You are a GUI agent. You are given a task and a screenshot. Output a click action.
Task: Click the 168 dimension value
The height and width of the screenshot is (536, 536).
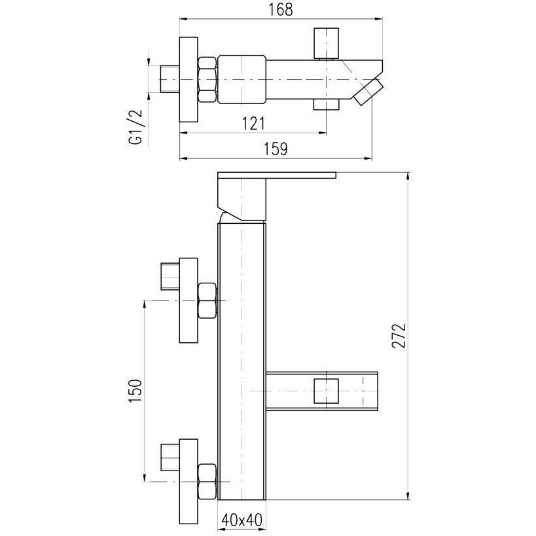click(x=281, y=9)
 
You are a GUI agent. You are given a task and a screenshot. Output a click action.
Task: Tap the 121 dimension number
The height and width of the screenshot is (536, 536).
click(x=254, y=124)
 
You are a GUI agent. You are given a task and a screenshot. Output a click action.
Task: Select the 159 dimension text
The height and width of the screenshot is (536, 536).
click(x=276, y=149)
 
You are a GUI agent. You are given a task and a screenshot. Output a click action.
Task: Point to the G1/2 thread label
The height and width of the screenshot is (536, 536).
click(x=135, y=127)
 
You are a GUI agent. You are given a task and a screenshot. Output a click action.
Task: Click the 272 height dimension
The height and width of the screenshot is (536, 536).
click(x=399, y=336)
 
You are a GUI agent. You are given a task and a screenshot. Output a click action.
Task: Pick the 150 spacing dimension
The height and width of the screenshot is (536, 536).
click(x=135, y=391)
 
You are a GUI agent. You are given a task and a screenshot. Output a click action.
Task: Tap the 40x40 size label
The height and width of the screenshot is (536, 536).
click(x=241, y=520)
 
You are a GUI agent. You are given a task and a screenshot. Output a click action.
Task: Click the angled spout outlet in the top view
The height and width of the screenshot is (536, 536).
click(x=368, y=92)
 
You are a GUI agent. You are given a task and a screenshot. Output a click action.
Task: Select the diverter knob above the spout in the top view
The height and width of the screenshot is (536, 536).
click(x=327, y=43)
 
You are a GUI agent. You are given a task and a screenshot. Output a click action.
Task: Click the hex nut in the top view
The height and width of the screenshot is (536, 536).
click(x=207, y=80)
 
